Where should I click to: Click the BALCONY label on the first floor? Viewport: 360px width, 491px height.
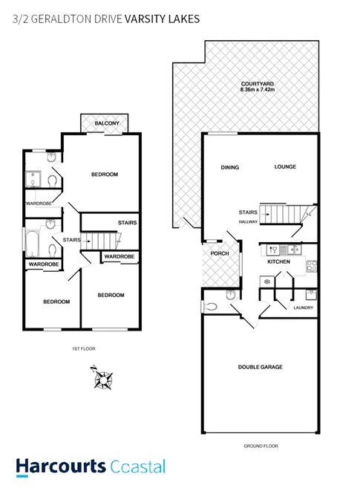click(102, 124)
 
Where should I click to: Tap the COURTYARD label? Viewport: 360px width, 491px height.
click(256, 84)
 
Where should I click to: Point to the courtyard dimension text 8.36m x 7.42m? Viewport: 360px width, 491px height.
click(256, 91)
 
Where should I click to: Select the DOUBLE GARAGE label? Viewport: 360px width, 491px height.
click(260, 367)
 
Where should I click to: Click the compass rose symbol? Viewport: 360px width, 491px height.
click(102, 379)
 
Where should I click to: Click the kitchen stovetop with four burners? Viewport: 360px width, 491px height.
click(312, 266)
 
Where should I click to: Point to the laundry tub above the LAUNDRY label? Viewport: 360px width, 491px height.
click(310, 293)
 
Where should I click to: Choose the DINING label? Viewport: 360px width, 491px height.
click(230, 167)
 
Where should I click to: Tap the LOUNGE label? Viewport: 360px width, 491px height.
click(285, 167)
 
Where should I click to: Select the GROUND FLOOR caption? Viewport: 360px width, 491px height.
click(260, 446)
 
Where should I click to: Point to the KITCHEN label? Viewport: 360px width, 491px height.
click(278, 262)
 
